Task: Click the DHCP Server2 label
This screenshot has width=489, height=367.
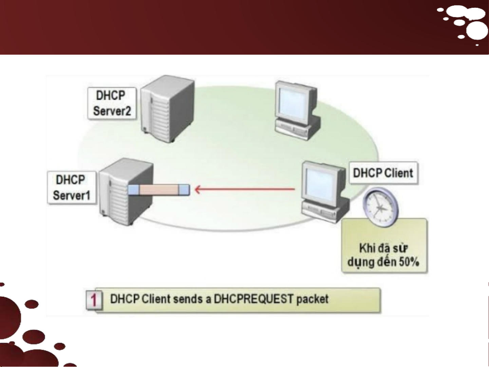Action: click(x=112, y=103)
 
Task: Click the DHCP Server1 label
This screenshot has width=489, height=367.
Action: click(x=72, y=187)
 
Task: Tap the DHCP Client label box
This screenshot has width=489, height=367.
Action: click(x=383, y=173)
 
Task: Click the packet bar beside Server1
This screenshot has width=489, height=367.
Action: click(x=159, y=189)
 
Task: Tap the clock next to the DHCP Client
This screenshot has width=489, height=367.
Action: click(x=380, y=207)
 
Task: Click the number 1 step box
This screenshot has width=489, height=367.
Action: click(x=94, y=299)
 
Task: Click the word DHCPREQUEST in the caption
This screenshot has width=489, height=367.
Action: click(x=253, y=299)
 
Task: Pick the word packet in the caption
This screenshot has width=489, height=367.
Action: click(x=312, y=299)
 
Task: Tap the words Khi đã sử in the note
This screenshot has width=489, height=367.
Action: click(x=383, y=248)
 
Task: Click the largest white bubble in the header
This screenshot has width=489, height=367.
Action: click(x=477, y=31)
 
